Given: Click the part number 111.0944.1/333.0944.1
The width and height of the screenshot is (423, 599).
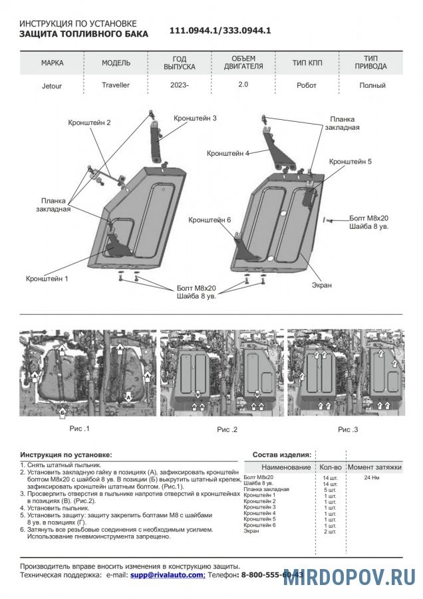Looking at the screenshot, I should click(x=220, y=31).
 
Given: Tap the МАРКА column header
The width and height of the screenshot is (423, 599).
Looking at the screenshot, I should click(x=53, y=63).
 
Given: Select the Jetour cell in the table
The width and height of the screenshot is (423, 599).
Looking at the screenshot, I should click(x=53, y=85).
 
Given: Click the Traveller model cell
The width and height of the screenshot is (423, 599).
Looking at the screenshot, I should click(x=116, y=85).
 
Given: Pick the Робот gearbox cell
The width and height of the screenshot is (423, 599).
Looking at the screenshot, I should click(x=307, y=85).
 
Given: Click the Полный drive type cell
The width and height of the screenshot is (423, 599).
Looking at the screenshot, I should click(x=372, y=85).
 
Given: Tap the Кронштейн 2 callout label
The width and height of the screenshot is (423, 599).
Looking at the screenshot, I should click(x=89, y=122).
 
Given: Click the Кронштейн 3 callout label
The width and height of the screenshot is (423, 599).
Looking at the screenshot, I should click(x=196, y=118).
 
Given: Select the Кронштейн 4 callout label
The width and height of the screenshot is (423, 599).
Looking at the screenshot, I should click(x=228, y=153).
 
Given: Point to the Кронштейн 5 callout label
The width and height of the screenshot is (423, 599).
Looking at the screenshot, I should click(x=351, y=162).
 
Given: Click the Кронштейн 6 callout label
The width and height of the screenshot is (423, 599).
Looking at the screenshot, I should click(x=210, y=220).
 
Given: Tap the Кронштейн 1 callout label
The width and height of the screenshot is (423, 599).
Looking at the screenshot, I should click(x=47, y=278).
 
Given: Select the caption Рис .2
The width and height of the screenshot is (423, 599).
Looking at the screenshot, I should click(x=227, y=430).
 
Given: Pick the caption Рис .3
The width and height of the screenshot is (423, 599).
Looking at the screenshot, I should click(x=348, y=430).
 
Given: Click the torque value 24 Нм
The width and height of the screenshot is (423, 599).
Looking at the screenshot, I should click(x=372, y=478).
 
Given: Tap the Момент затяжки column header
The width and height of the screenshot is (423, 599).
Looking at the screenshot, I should click(x=374, y=467).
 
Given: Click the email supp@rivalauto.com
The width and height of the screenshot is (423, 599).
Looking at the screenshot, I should click(x=167, y=574).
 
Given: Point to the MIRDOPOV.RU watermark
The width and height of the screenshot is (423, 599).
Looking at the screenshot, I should click(x=349, y=577).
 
